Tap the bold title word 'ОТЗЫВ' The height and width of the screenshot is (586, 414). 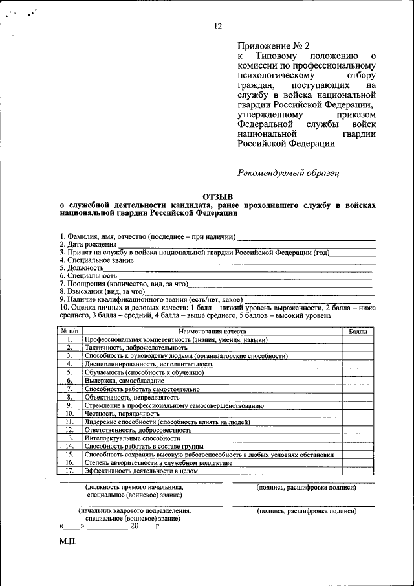click(217, 196)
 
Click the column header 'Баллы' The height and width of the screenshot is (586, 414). click(358, 332)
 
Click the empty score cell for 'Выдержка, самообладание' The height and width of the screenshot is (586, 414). click(358, 381)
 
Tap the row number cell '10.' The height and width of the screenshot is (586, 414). click(68, 414)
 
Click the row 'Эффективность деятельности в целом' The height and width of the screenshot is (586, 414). click(140, 471)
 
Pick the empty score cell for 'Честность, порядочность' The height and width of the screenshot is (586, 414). click(358, 414)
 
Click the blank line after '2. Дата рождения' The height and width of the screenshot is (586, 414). click(246, 245)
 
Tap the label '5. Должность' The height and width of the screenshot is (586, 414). click(82, 267)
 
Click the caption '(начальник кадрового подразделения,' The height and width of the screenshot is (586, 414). click(135, 510)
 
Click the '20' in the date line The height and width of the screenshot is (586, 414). click(135, 526)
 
